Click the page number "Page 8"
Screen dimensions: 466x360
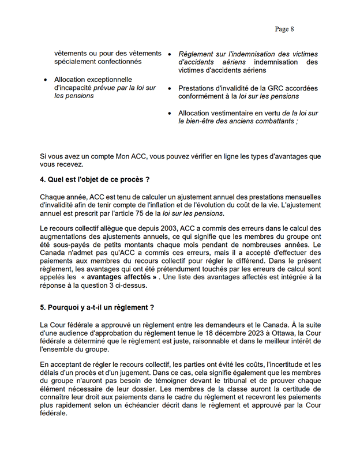pos(284,29)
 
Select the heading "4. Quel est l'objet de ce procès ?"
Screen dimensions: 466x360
pos(95,180)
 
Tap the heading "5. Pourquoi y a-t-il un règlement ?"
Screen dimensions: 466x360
pos(97,307)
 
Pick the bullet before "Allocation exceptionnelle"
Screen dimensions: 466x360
pos(46,80)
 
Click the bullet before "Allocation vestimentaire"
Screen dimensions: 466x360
pos(170,114)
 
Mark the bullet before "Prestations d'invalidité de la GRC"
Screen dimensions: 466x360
pos(170,88)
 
